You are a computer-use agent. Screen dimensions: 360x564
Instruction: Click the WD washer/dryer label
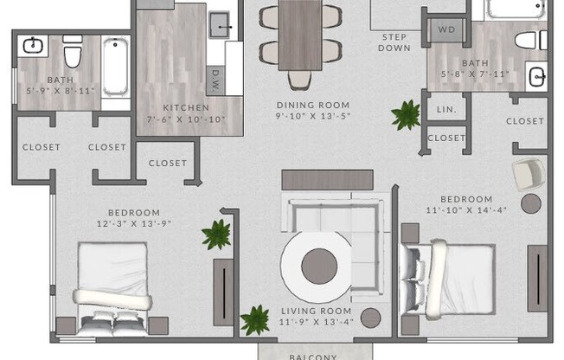[446, 29]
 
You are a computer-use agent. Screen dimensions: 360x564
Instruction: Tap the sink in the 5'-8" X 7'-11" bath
[536, 75]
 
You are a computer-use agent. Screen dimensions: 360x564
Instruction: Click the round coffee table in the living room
[318, 265]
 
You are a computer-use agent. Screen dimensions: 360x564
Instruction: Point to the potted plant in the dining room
[405, 114]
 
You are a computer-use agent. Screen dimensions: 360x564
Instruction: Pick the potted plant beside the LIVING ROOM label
[254, 319]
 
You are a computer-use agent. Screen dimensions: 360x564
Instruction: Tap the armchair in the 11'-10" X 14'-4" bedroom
[528, 175]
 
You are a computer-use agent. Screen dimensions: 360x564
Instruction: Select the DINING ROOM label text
[313, 105]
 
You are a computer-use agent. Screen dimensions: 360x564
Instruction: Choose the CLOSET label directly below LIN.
[446, 138]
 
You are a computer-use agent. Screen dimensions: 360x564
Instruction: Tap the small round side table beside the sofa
[370, 318]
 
